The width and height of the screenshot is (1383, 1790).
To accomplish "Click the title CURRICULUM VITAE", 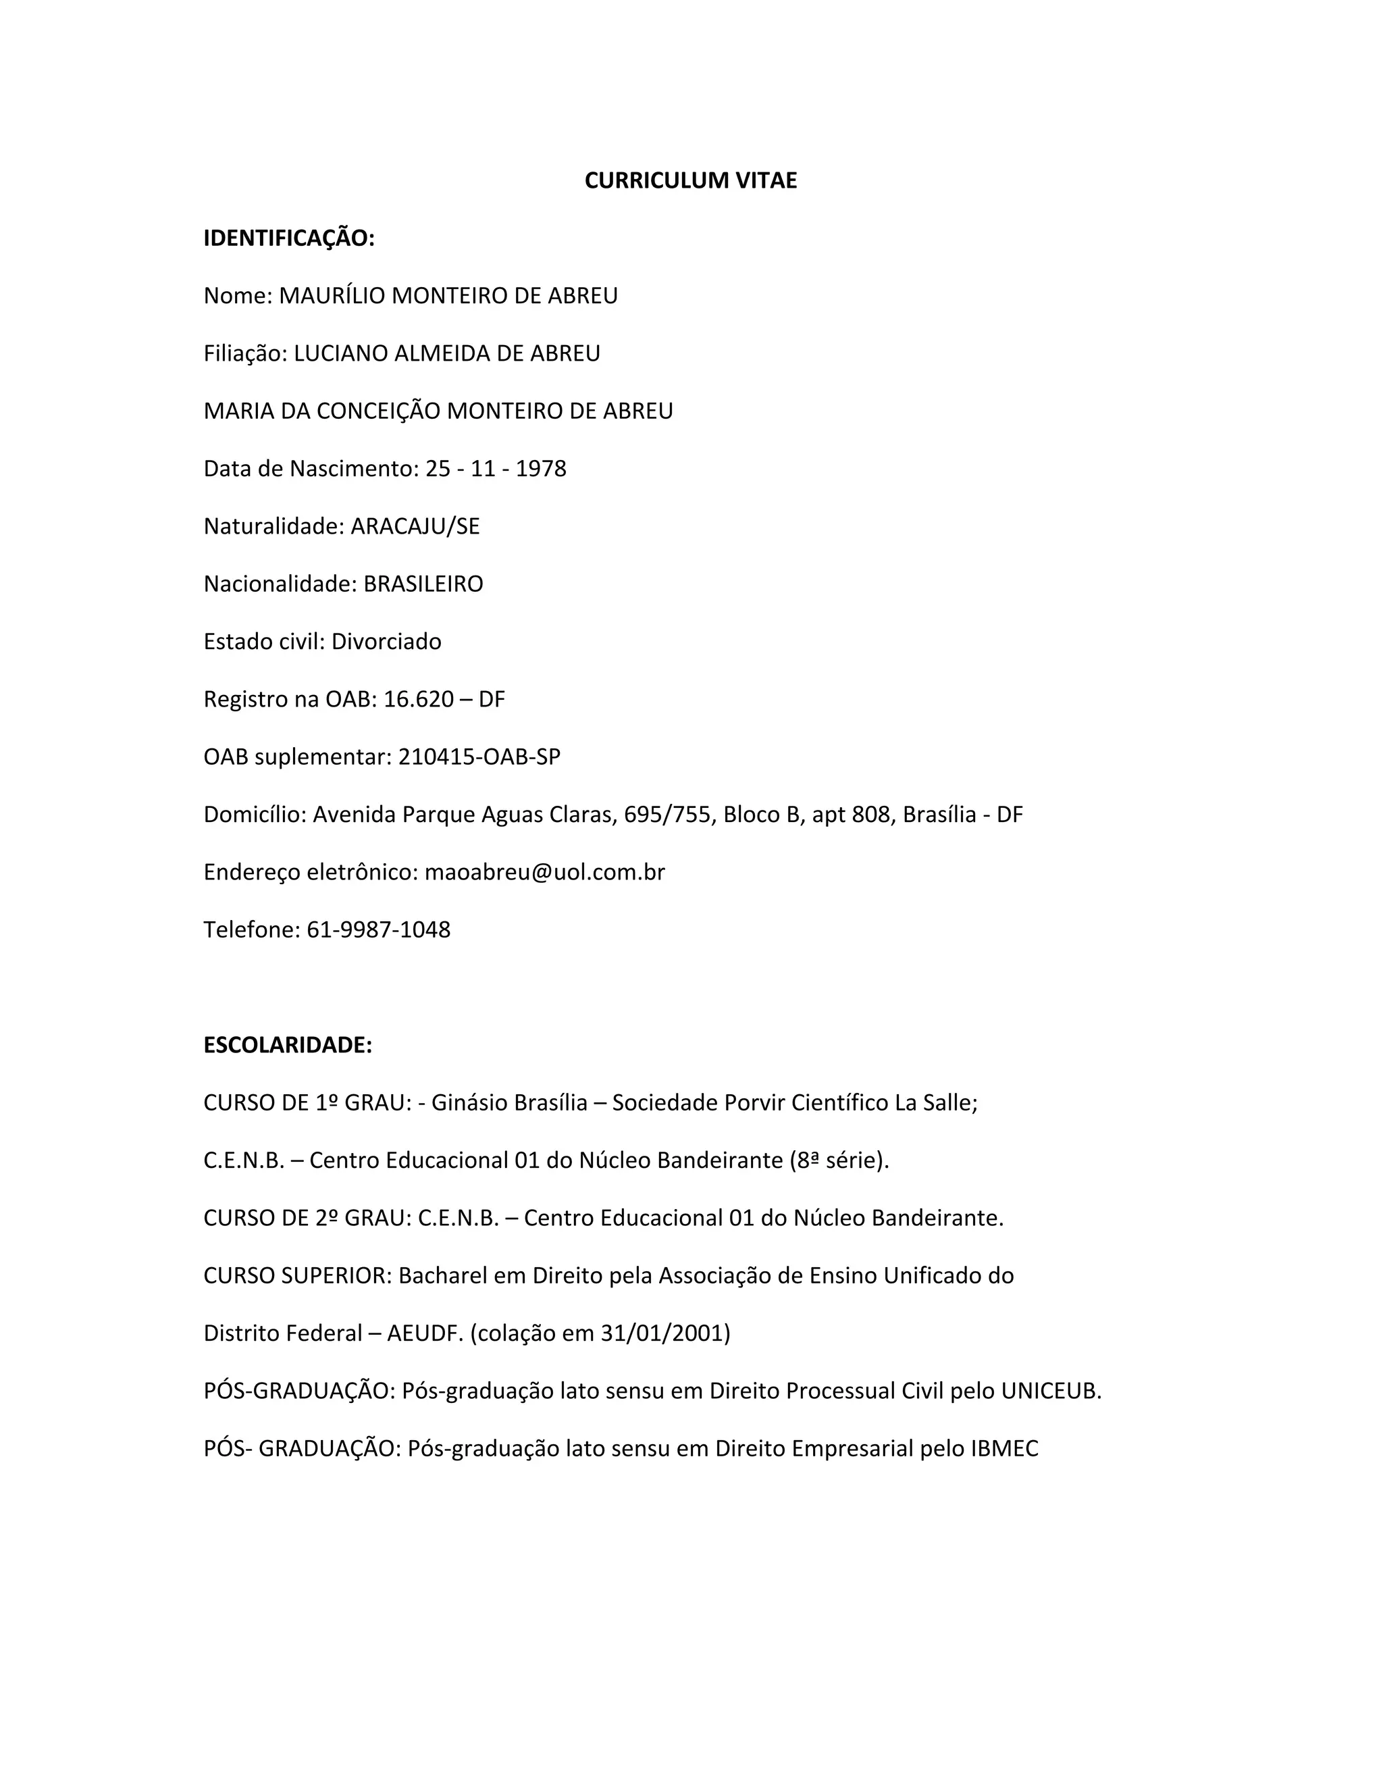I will click(x=690, y=180).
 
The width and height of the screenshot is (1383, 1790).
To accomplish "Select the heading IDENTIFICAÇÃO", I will click(x=288, y=238).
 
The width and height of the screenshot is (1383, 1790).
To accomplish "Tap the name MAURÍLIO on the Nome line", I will click(x=332, y=296).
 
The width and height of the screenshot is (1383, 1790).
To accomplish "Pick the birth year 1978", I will click(x=541, y=469).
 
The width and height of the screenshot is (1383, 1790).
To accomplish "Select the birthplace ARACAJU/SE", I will click(x=415, y=526).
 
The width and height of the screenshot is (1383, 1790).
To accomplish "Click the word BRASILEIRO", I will click(x=423, y=584).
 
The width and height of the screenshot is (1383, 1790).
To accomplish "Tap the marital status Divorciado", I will click(x=386, y=642).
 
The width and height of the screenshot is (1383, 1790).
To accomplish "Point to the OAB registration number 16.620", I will click(x=418, y=699).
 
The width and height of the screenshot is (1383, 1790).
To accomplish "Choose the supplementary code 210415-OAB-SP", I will click(x=479, y=757).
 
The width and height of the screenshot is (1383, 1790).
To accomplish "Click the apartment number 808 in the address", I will click(x=871, y=815).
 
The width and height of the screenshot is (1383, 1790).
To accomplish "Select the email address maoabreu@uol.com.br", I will click(x=544, y=872).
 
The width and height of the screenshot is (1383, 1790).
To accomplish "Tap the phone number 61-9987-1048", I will click(x=379, y=929).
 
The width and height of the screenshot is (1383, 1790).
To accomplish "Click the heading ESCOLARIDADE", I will click(x=288, y=1045).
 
